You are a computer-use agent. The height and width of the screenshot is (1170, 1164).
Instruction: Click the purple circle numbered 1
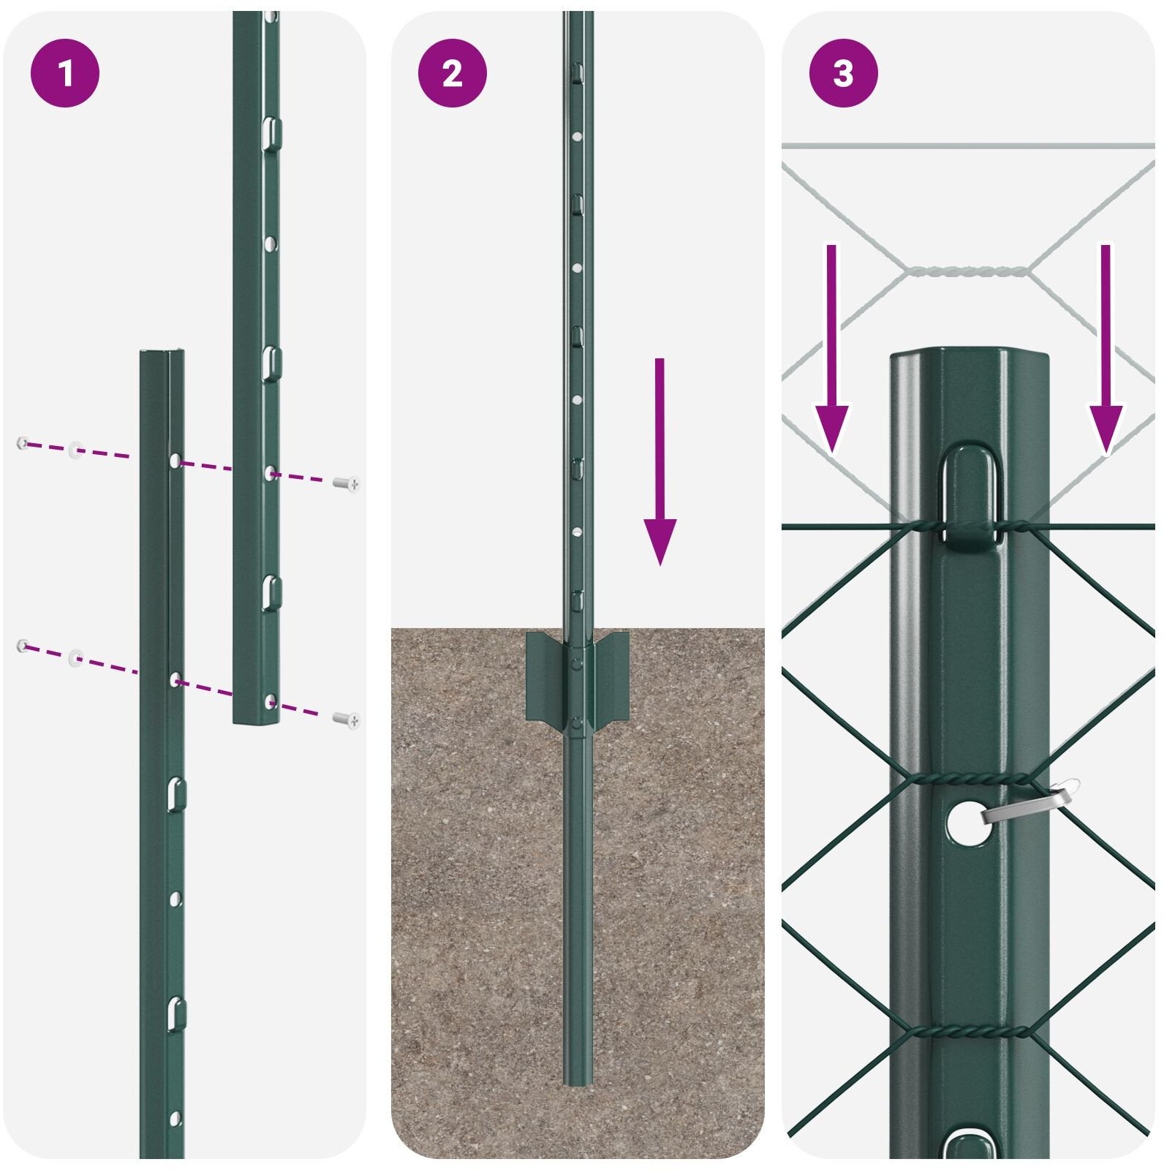click(65, 73)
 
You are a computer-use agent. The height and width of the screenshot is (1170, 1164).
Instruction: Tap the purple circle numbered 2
click(453, 73)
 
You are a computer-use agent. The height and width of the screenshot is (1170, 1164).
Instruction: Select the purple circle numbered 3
click(844, 73)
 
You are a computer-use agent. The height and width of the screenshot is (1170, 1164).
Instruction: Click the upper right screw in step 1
click(347, 483)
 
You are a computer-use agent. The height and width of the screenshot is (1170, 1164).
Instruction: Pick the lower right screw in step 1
click(347, 720)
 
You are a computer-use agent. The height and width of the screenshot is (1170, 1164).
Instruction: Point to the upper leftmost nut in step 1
click(23, 443)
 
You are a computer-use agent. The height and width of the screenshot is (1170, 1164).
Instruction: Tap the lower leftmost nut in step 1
click(23, 646)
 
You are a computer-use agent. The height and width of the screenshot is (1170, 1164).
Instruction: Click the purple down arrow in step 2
click(660, 462)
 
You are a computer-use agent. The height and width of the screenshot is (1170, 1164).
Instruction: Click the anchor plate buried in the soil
click(578, 681)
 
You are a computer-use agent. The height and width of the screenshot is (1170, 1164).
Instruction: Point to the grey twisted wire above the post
click(967, 271)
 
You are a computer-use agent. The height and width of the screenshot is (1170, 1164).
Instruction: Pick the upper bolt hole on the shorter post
click(175, 461)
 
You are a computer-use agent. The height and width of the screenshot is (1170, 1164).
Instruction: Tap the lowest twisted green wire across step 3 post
click(969, 1032)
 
